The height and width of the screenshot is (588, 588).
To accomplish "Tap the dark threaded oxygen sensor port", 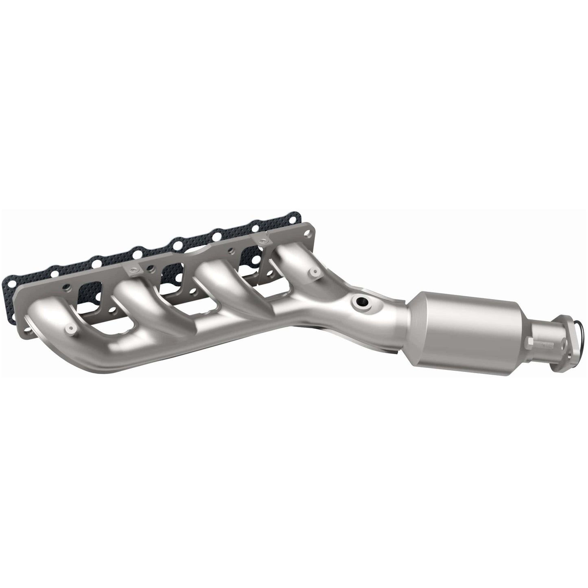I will [x=361, y=302].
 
